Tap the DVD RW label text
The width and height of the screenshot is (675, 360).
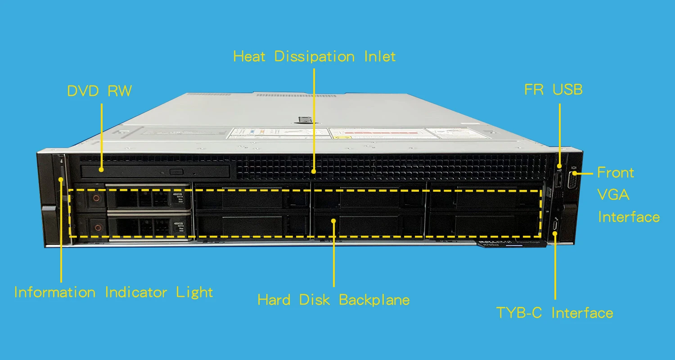pos(99,91)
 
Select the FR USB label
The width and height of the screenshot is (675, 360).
pos(553,90)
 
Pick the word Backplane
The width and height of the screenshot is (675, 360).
pos(374,300)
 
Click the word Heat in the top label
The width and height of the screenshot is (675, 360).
pos(249,57)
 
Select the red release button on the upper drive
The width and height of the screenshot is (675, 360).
pos(96,198)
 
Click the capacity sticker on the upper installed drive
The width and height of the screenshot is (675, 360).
pos(179,197)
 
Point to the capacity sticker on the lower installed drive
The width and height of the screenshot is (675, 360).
pos(179,226)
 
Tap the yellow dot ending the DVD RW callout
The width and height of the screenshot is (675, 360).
pos(102,170)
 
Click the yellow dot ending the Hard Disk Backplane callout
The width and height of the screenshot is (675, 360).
pos(333,221)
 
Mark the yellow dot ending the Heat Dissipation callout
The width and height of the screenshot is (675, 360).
pos(314,171)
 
